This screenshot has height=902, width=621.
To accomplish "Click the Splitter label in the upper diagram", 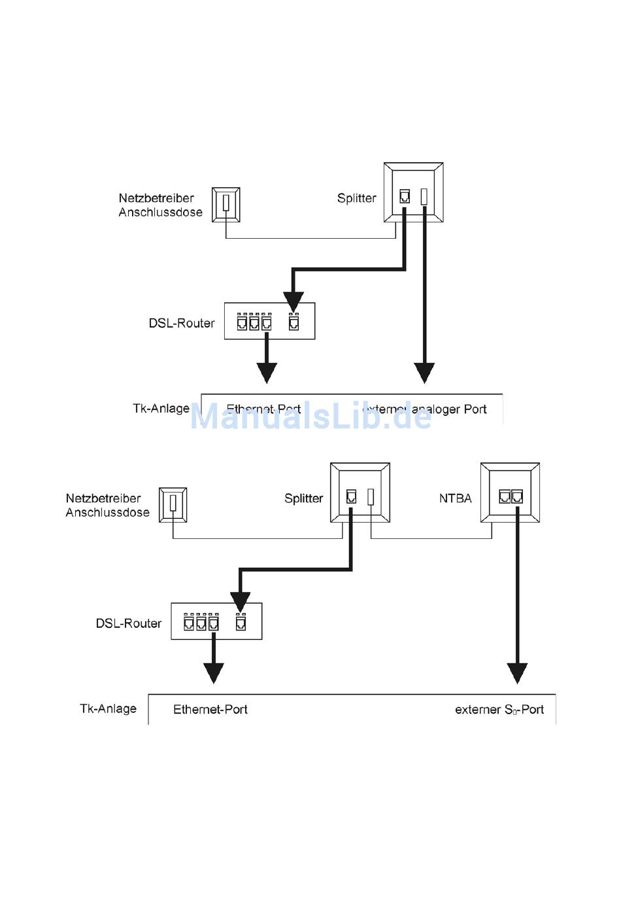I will click(356, 198).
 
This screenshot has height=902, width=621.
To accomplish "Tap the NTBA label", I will click(455, 498).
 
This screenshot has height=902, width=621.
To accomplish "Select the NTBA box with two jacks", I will click(510, 493).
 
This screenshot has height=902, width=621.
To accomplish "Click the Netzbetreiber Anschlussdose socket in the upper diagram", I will click(226, 205).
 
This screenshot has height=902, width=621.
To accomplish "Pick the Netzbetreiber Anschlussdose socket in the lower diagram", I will click(173, 505).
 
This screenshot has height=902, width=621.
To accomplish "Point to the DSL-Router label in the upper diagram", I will click(182, 323).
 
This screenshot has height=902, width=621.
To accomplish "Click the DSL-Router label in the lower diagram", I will click(129, 623).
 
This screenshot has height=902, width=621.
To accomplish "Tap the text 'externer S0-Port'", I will click(499, 710).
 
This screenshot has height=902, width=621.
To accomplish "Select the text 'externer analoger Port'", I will click(425, 409).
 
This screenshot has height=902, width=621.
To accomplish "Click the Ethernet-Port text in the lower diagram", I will click(210, 710).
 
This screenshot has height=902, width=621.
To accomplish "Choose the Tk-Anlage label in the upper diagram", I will click(161, 408).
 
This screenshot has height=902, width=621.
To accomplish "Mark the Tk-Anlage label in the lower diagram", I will click(108, 708).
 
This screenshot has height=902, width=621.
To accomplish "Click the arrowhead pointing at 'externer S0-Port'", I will click(517, 672).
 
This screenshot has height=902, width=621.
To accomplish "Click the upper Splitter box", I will click(413, 192).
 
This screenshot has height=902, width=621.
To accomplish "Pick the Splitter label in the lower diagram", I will click(303, 498).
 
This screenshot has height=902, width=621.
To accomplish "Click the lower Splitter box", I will click(360, 493).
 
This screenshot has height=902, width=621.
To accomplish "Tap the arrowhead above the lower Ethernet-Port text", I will click(214, 672).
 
